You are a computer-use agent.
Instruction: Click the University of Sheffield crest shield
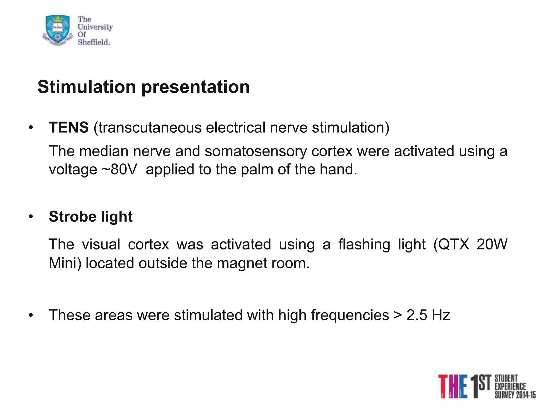(57, 29)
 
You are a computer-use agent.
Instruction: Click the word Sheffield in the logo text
(94, 42)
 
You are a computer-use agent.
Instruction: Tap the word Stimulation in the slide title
(87, 87)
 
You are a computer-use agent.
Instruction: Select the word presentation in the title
(196, 87)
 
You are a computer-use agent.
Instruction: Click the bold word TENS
(69, 127)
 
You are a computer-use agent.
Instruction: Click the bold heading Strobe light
(90, 216)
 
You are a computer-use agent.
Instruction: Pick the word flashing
(364, 244)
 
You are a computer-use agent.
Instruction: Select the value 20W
(492, 244)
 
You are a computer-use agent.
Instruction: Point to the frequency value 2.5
(417, 315)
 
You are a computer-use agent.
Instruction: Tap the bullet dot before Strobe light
(31, 217)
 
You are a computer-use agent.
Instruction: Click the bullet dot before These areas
(31, 316)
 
